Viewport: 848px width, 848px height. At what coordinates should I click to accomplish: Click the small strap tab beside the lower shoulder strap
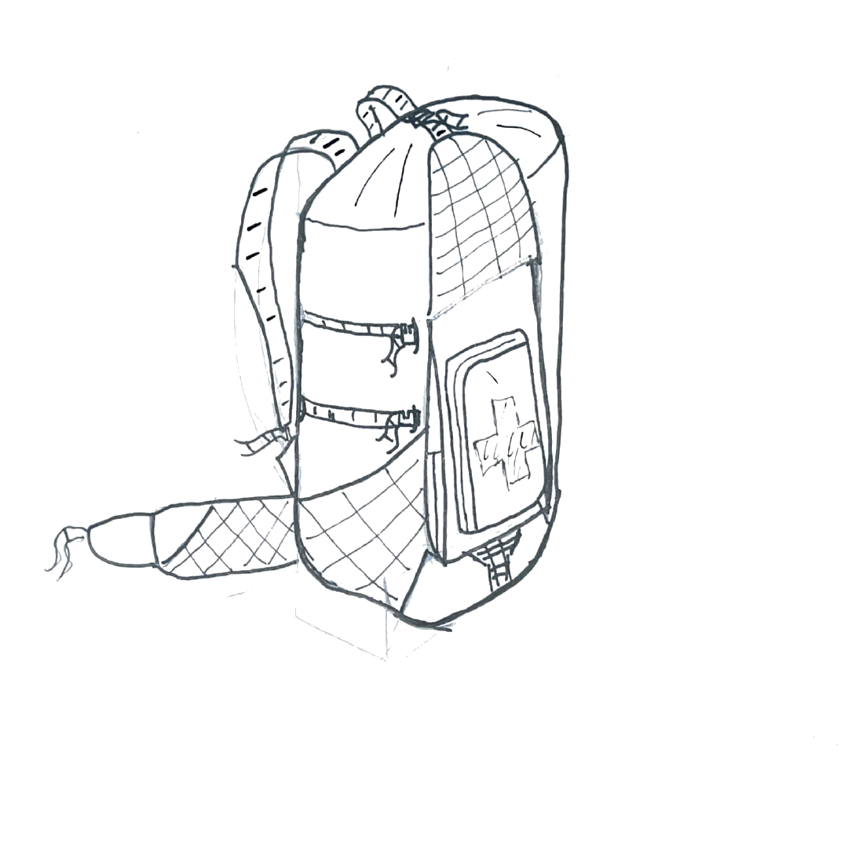coord(259,444)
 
